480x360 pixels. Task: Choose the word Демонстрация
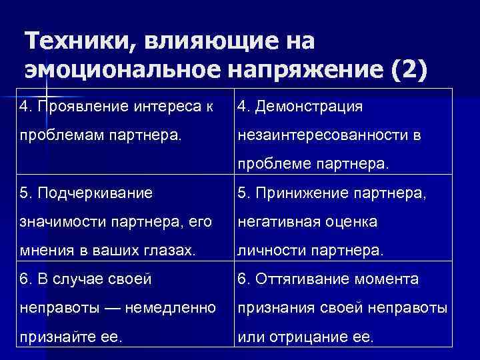point(314,106)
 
